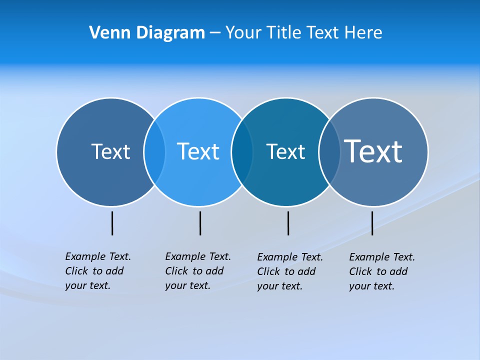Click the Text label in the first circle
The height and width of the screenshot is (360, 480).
tap(110, 151)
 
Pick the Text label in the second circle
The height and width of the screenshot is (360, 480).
tap(198, 151)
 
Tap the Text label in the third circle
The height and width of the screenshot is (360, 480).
tap(285, 151)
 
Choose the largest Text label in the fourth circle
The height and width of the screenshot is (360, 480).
tap(373, 151)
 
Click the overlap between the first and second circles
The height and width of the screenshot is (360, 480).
tap(154, 152)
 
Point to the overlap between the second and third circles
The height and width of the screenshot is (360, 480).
tap(242, 152)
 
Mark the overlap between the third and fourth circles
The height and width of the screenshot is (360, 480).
tap(329, 152)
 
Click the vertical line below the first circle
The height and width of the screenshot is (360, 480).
tap(112, 223)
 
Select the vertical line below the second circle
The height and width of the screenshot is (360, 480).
tap(200, 223)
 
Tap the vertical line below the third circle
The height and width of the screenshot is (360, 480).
tap(288, 223)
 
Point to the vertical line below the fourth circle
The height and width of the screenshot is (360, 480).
tap(372, 223)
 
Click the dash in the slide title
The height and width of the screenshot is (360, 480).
tap(215, 33)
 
